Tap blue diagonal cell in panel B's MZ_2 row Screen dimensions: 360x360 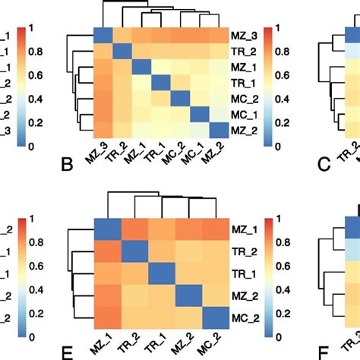point(217,131)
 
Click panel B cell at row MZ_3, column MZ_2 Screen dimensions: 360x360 point(217,35)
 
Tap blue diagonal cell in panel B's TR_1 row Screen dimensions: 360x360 point(160,83)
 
